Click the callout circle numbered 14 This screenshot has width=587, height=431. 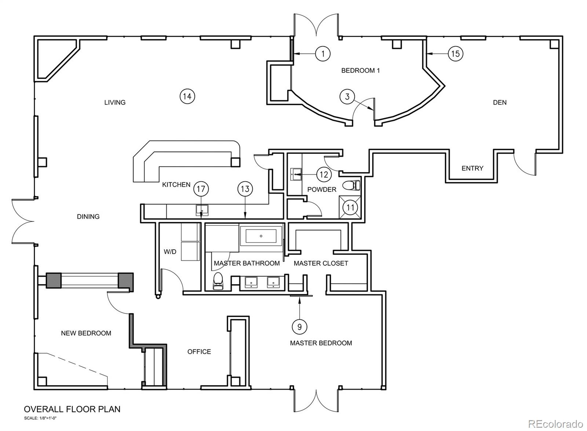click(187, 97)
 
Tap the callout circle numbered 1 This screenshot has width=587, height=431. click(323, 54)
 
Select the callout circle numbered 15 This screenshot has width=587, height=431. click(455, 54)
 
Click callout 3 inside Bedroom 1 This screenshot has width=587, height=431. click(347, 97)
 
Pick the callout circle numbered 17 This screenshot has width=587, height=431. click(201, 189)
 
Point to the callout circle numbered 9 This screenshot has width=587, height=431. click(300, 326)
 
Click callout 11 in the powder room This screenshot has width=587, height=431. click(350, 207)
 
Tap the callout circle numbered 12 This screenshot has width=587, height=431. click(324, 174)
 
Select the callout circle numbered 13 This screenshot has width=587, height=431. click(245, 189)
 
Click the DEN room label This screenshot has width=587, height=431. click(500, 102)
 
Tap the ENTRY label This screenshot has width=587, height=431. click(472, 168)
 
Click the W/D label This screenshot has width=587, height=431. click(170, 251)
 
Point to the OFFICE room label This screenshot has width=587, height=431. click(199, 352)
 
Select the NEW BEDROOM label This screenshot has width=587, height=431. click(86, 333)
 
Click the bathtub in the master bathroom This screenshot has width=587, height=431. click(261, 236)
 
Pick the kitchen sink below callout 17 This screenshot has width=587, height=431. click(202, 210)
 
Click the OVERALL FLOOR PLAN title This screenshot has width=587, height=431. click(72, 409)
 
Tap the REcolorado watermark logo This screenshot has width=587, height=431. click(555, 424)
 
